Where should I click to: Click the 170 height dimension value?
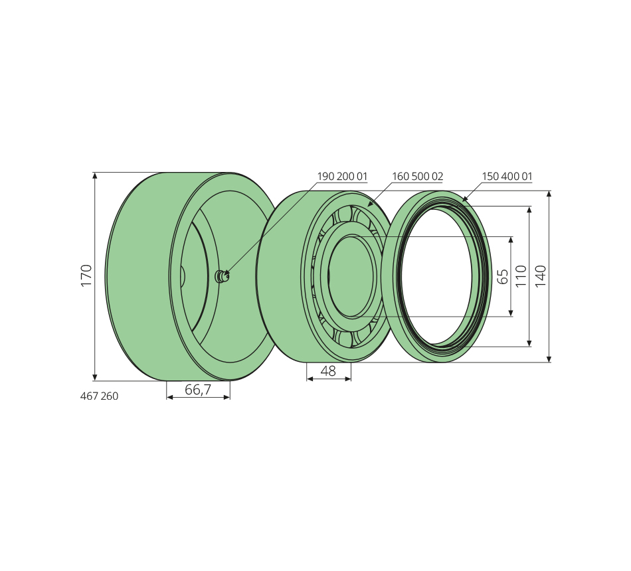86,276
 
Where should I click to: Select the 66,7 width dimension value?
197,390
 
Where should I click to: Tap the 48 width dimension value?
328,371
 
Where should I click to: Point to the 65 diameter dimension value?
503,276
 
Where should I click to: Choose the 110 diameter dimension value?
521,276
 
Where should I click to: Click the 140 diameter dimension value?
541,276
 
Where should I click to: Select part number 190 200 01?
342,176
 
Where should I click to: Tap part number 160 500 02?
417,176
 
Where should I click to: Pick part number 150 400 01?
507,176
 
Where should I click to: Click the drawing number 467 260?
100,396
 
